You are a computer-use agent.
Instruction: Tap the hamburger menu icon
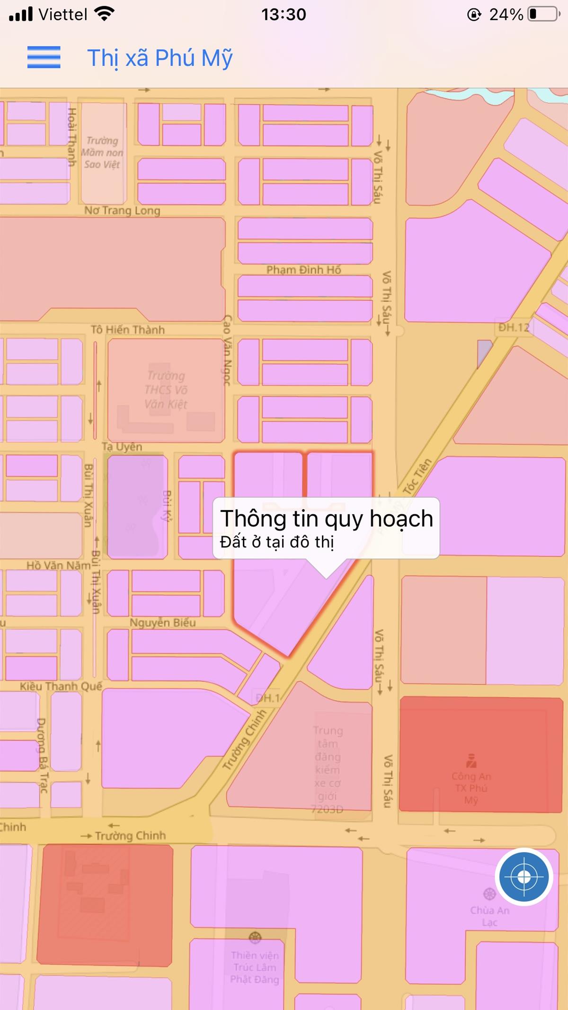[x=44, y=57]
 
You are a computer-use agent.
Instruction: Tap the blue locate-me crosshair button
[x=524, y=877]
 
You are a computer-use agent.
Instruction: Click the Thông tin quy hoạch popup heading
[x=327, y=518]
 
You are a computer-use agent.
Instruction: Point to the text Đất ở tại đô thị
[x=277, y=542]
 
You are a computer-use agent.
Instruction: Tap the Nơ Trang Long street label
[x=122, y=210]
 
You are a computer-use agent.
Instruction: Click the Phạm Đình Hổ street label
[x=303, y=270]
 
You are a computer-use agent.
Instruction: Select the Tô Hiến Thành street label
[x=128, y=330]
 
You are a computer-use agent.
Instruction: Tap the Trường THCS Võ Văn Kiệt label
[x=166, y=390]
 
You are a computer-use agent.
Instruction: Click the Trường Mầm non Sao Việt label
[x=102, y=152]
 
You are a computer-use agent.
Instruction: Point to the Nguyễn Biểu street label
[x=162, y=623]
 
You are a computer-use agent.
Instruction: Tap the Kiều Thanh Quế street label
[x=61, y=686]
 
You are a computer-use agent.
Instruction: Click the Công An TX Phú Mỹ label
[x=471, y=787]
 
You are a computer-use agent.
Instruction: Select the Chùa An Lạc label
[x=489, y=916]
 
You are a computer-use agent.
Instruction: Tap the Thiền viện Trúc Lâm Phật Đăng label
[x=255, y=967]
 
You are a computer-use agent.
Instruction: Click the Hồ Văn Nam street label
[x=58, y=565]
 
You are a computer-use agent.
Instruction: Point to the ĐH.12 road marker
[x=514, y=327]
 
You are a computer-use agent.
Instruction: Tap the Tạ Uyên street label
[x=122, y=447]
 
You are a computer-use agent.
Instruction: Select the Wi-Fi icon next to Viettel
[x=104, y=14]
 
